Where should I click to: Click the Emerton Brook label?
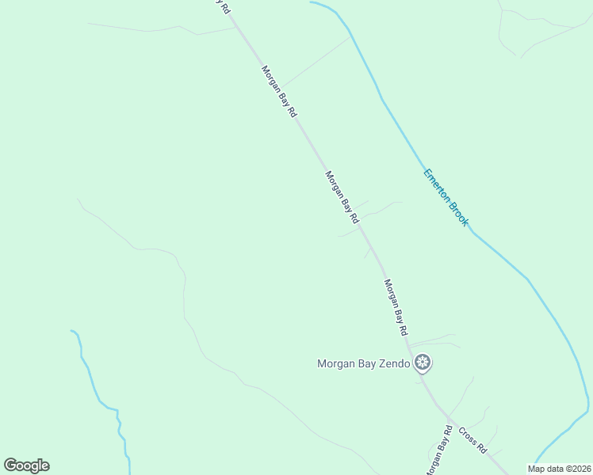pyautogui.click(x=446, y=198)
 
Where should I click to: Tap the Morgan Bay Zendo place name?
pyautogui.click(x=364, y=364)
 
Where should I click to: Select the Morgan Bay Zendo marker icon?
pyautogui.click(x=423, y=363)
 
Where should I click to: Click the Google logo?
pyautogui.click(x=26, y=465)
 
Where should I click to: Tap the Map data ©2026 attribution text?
pyautogui.click(x=559, y=469)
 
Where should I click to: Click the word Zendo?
pyautogui.click(x=394, y=364)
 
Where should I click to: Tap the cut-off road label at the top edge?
pyautogui.click(x=224, y=6)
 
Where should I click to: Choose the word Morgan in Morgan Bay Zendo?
pyautogui.click(x=336, y=364)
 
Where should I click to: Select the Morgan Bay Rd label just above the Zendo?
pyautogui.click(x=396, y=306)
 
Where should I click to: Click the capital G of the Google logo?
pyautogui.click(x=11, y=465)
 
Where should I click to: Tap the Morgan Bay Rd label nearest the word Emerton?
pyautogui.click(x=343, y=196)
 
